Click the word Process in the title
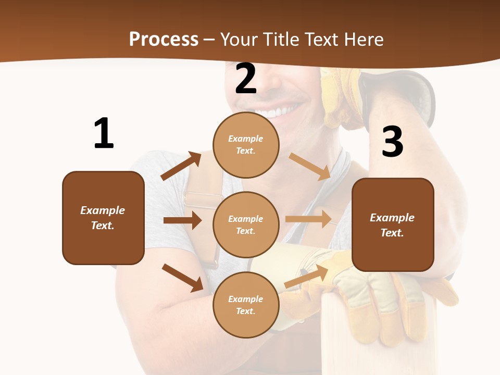164,40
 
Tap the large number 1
104,134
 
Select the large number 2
246,79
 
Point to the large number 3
392,142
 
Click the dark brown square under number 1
103,218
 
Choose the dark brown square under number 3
393,225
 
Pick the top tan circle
246,145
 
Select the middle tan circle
246,225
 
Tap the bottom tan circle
246,305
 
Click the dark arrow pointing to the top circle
181,166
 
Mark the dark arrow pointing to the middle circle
182,220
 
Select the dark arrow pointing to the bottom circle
183,278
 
